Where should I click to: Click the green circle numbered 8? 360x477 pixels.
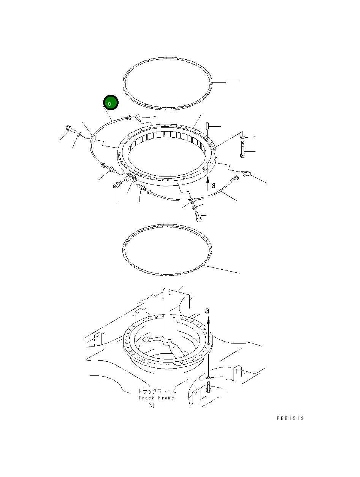pos(111,103)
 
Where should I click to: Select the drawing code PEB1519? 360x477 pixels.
pos(290,418)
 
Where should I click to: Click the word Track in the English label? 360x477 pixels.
pos(146,398)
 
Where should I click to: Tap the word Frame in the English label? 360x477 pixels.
pos(166,398)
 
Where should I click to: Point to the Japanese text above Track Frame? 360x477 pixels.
pos(157,391)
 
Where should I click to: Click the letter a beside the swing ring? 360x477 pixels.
pos(214,186)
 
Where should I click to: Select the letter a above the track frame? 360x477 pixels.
pos(207,311)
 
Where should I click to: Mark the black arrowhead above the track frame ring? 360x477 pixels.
pos(208,321)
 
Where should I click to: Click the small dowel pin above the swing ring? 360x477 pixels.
pos(207,126)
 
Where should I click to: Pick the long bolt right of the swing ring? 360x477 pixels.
pos(243,149)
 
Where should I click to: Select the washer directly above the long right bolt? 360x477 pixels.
pos(243,137)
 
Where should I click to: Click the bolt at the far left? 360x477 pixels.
pos(71,129)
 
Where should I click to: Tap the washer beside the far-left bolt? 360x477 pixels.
pos(79,133)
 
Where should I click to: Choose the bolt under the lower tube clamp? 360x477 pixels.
pos(198,217)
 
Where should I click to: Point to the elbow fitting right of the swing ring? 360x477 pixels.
pos(246,173)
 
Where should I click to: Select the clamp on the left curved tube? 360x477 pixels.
pos(93,138)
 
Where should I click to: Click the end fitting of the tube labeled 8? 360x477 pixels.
pos(129,118)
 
